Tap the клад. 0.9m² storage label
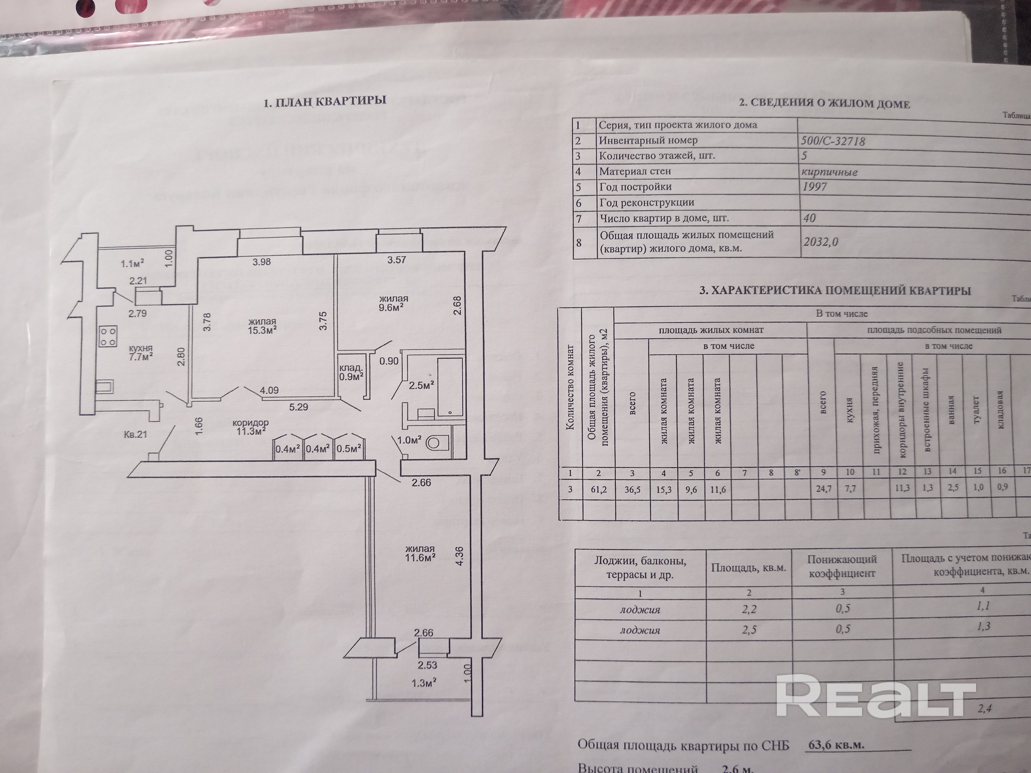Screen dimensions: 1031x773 [351, 372]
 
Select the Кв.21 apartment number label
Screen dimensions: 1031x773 [136, 434]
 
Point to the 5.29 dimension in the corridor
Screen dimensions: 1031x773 [299, 407]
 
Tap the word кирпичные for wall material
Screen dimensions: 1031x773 [830, 172]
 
